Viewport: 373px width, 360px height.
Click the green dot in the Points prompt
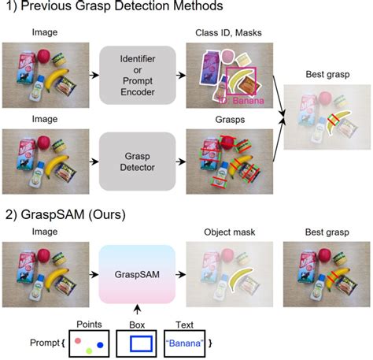pyautogui.click(x=89, y=349)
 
